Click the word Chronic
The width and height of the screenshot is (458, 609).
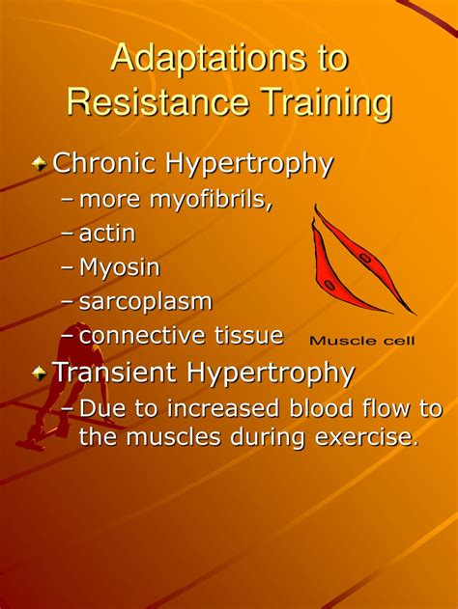pyautogui.click(x=104, y=163)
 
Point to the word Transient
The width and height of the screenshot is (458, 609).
pyautogui.click(x=114, y=372)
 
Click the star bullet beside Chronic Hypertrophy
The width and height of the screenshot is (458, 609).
pyautogui.click(x=39, y=164)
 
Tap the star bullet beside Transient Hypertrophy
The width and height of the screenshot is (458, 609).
pyautogui.click(x=39, y=373)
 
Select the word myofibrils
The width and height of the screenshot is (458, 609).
pyautogui.click(x=212, y=200)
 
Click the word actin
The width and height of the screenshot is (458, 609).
pyautogui.click(x=107, y=234)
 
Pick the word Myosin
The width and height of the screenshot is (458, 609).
pyautogui.click(x=120, y=267)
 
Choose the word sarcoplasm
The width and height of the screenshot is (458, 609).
pyautogui.click(x=146, y=301)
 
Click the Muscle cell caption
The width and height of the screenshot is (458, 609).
pyautogui.click(x=362, y=340)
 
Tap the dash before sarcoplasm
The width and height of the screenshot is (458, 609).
pyautogui.click(x=67, y=302)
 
